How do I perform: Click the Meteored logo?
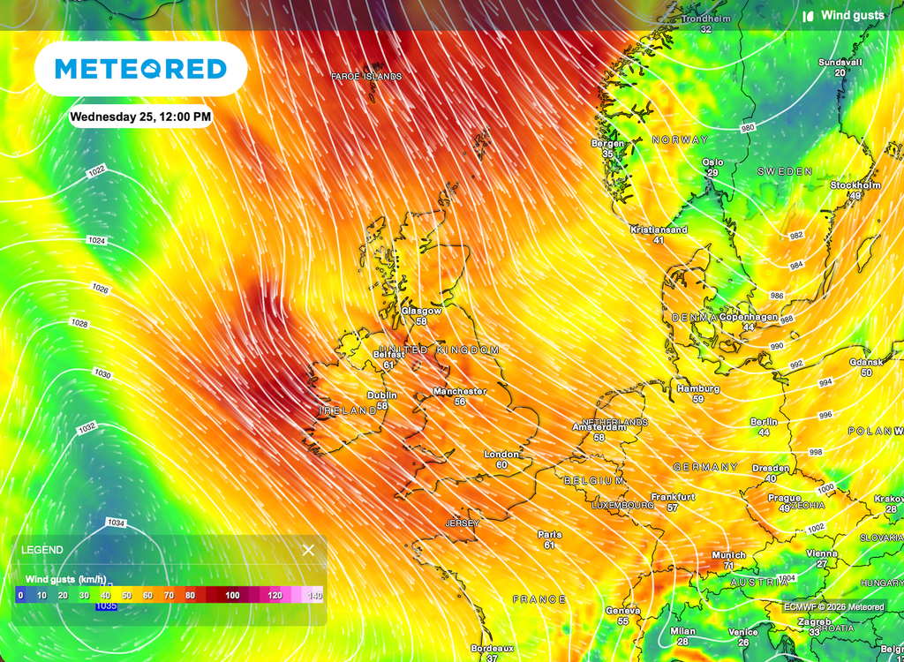140,69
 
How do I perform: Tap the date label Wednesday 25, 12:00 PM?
140,117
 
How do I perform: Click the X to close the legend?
308,550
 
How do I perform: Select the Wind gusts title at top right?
852,16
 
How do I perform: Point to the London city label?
501,455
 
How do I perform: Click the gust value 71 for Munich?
728,566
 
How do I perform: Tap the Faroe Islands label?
366,77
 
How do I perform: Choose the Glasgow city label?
421,311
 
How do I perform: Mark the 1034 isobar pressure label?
116,523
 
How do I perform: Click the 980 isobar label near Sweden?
748,128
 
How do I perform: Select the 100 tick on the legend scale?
232,596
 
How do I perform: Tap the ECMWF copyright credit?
833,607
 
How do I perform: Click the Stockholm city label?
855,185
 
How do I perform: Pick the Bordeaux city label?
492,648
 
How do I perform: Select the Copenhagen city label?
748,317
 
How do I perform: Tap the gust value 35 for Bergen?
607,154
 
